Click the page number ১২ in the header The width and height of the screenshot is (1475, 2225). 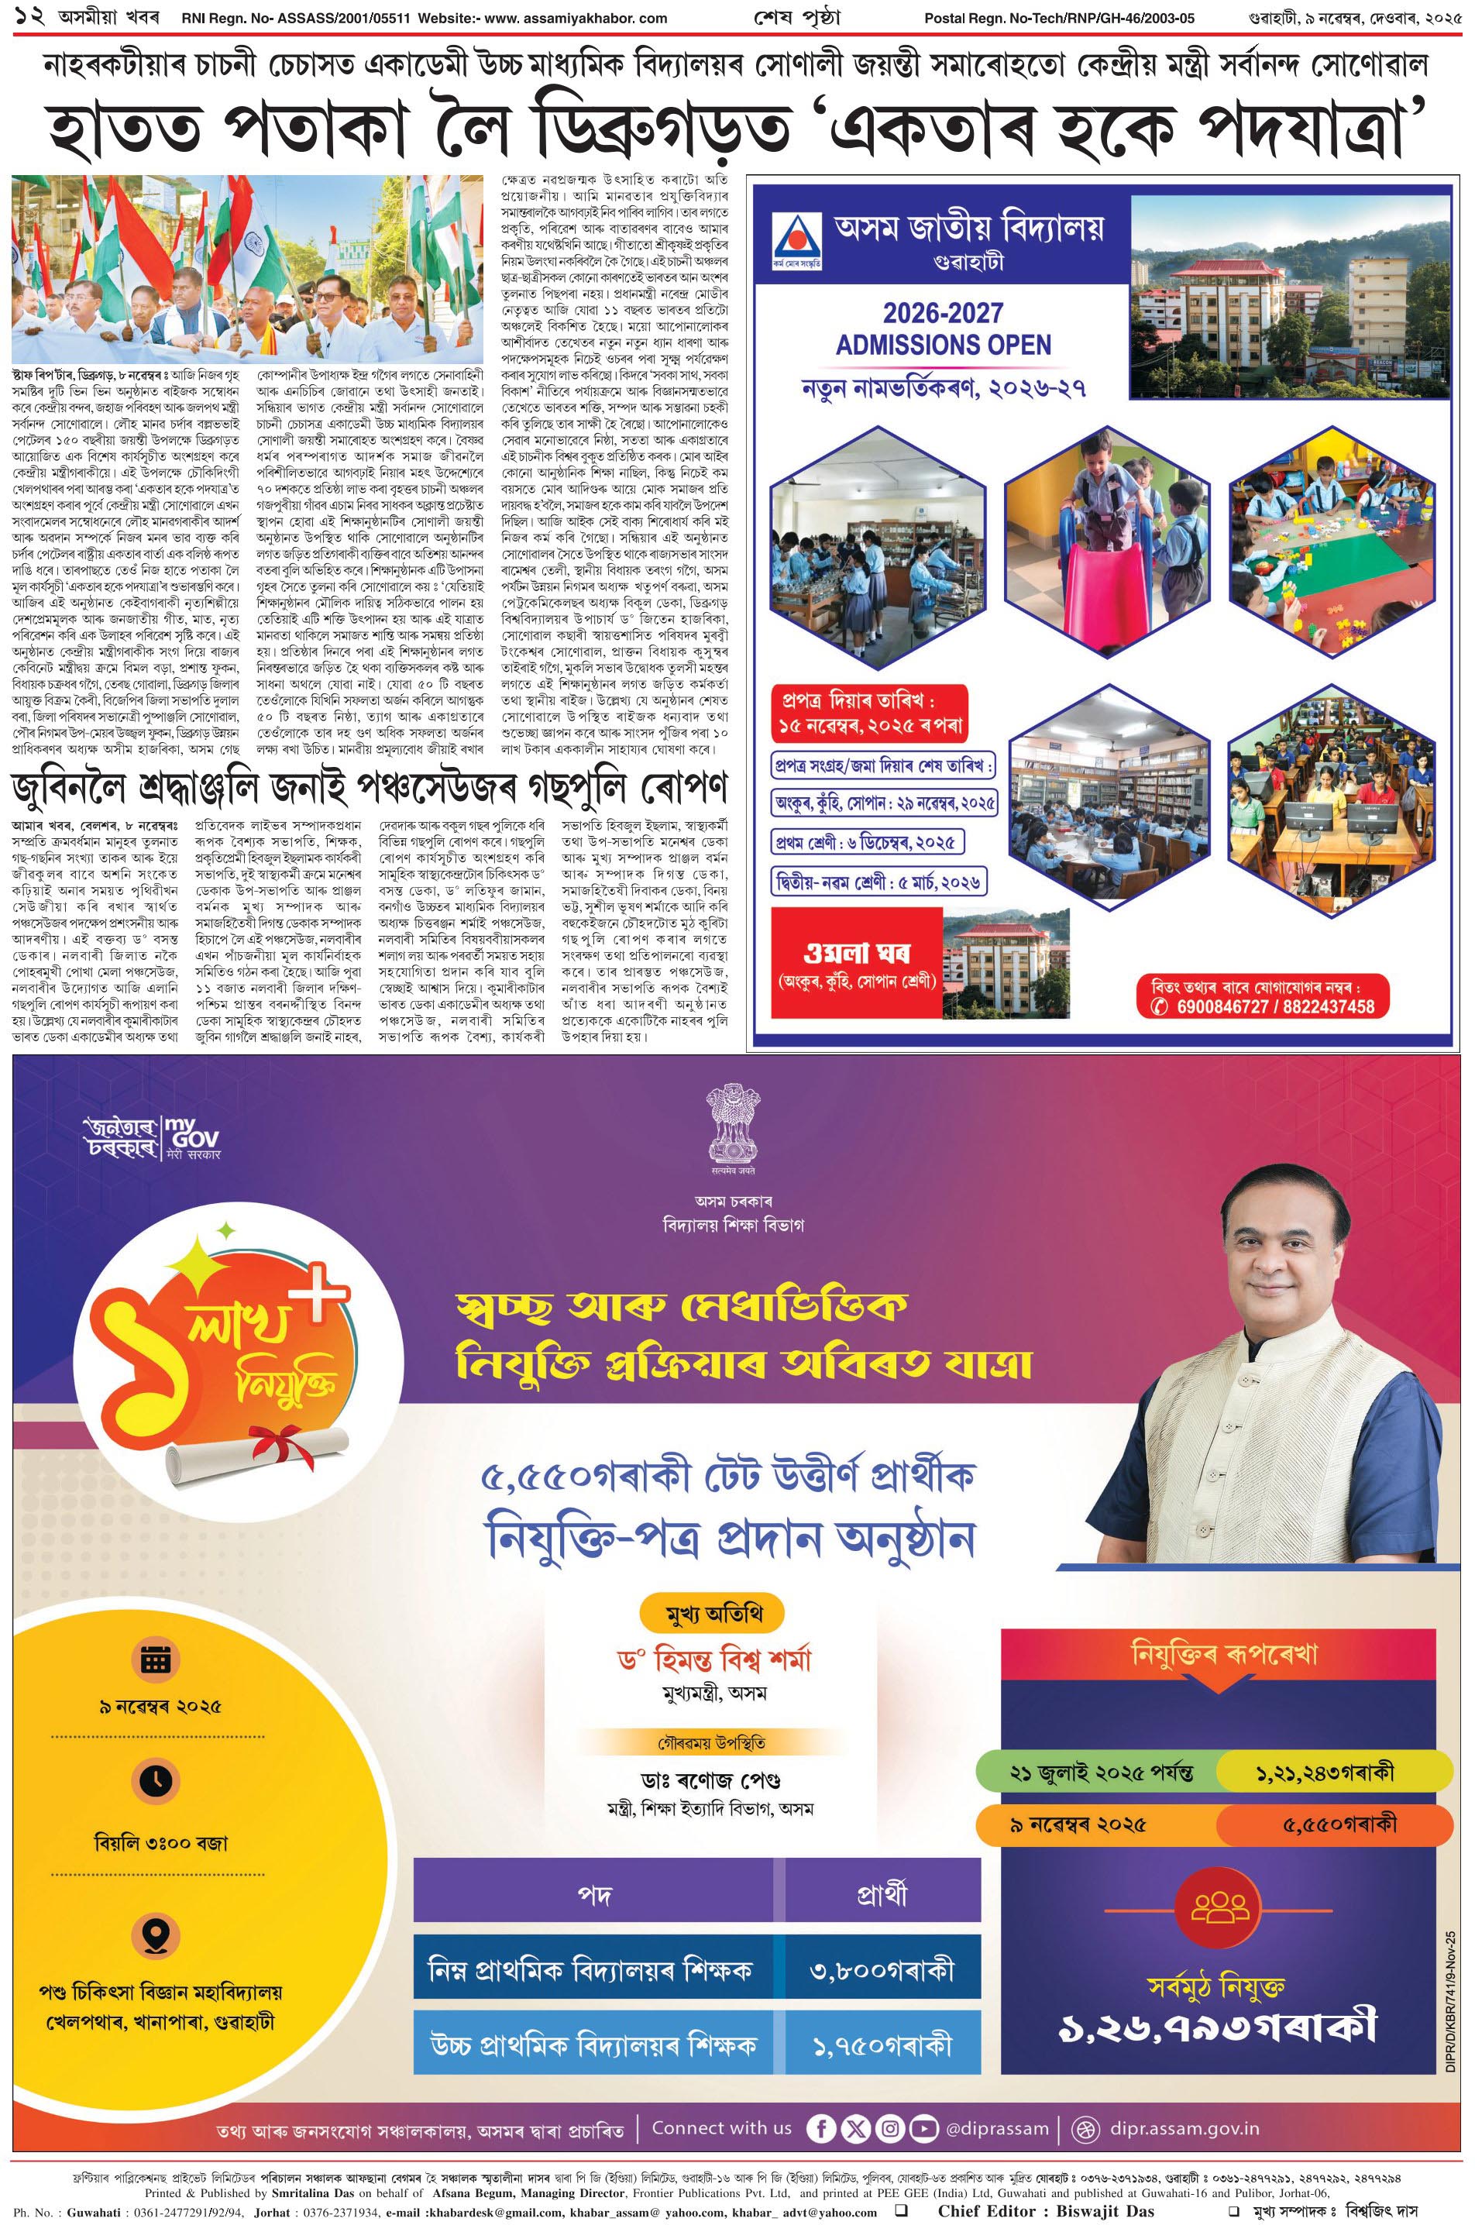coord(22,18)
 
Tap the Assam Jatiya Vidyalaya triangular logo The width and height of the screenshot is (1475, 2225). coord(794,238)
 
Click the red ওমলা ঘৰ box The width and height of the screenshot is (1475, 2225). coord(856,962)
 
